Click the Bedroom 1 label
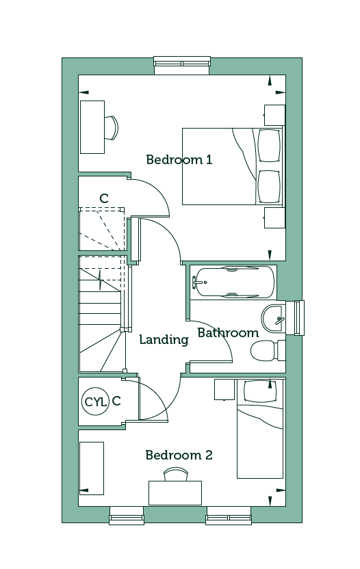click(x=179, y=159)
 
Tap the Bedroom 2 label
click(x=179, y=455)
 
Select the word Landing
click(x=164, y=340)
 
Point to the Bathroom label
click(x=228, y=333)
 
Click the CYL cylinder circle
click(x=96, y=401)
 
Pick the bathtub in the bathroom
click(x=233, y=282)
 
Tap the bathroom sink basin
click(x=272, y=319)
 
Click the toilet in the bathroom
click(x=268, y=351)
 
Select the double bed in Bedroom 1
click(x=233, y=166)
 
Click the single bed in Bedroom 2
click(x=260, y=429)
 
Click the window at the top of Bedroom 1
click(x=182, y=66)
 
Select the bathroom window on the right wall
click(x=295, y=318)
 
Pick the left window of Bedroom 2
click(x=127, y=515)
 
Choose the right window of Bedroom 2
click(x=229, y=515)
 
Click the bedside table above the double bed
click(x=274, y=115)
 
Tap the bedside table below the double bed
click(x=274, y=217)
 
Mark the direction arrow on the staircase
click(x=101, y=280)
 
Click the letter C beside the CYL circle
click(x=116, y=401)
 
